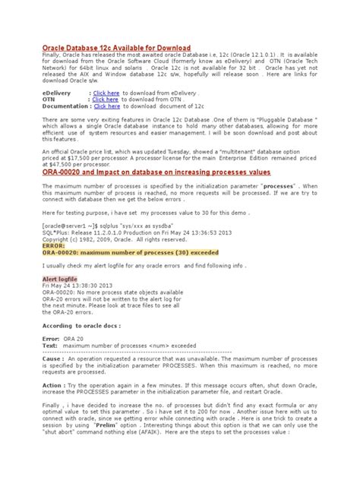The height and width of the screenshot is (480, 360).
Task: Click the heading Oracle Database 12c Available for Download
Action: [116, 48]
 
